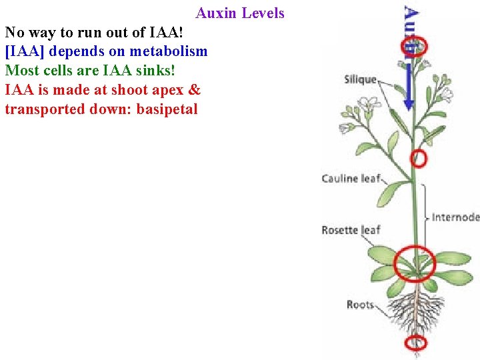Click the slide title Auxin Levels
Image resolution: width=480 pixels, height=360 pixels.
point(240,13)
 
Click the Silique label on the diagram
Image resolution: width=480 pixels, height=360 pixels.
point(360,80)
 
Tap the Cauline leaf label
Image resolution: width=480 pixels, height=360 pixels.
point(351,179)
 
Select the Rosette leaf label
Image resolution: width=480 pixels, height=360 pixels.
point(351,230)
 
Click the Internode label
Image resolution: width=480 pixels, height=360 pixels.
point(455,217)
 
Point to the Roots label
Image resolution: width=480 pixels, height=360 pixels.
point(360,305)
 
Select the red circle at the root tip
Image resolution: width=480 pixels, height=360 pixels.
point(417,343)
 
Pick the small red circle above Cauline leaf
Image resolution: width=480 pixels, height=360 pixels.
point(418,159)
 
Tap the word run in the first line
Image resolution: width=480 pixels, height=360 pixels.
point(73,33)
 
